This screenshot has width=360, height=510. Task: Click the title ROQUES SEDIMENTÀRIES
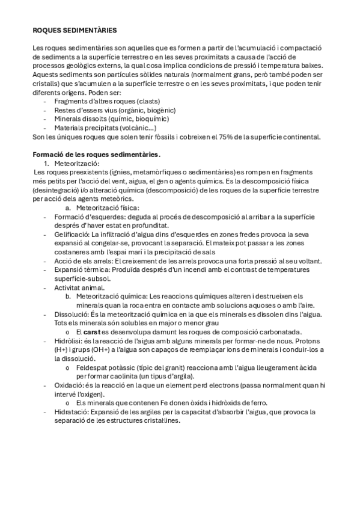75,29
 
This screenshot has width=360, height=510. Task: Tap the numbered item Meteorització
76,163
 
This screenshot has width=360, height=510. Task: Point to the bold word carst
92,332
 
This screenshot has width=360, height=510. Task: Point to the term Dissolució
70,314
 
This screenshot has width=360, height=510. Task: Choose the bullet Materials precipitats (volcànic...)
105,127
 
